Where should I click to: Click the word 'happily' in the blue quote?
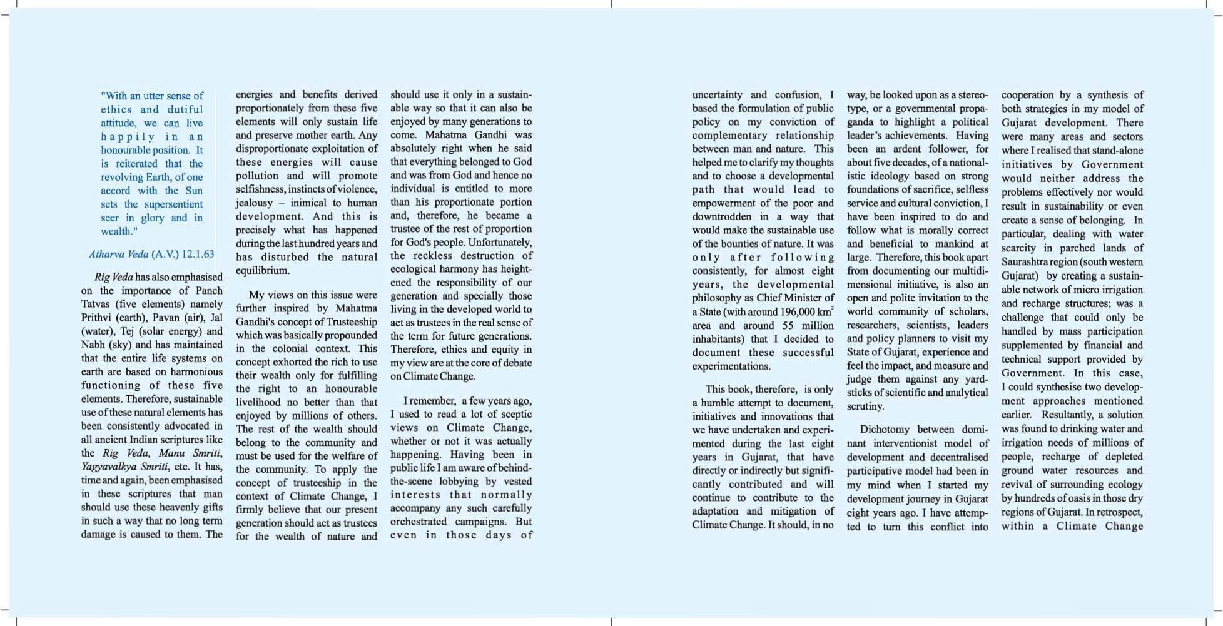(128, 136)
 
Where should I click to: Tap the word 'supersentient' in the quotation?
(173, 204)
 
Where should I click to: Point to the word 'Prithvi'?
(96, 318)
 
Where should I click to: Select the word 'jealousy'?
(254, 203)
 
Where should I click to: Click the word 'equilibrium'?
(262, 270)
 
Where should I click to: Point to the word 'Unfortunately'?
(500, 242)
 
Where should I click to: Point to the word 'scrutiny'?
(865, 406)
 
